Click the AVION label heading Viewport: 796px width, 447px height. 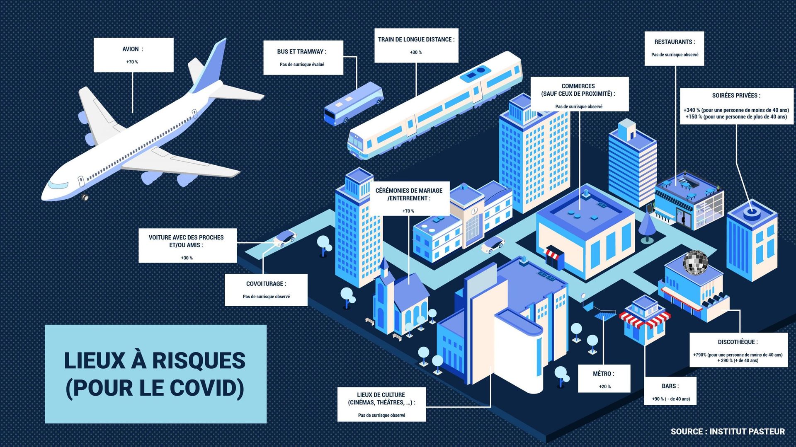click(x=133, y=49)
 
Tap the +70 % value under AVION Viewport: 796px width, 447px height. click(x=132, y=62)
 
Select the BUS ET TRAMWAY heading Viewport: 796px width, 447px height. click(x=302, y=52)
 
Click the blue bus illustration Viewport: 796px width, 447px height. click(x=353, y=104)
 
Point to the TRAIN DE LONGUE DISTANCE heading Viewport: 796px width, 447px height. click(x=416, y=39)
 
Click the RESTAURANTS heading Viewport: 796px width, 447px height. click(x=675, y=42)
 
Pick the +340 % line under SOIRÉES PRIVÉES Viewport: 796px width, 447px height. click(x=736, y=110)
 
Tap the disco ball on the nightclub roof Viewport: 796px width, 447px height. click(x=695, y=263)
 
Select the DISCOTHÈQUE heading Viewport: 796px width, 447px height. click(x=738, y=342)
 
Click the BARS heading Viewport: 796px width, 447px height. click(x=670, y=386)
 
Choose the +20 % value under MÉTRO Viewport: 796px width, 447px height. click(x=604, y=387)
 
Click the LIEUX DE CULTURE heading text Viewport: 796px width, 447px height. click(x=381, y=399)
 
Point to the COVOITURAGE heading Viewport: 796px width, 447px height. click(x=266, y=284)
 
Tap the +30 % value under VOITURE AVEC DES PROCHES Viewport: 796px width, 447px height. click(x=187, y=258)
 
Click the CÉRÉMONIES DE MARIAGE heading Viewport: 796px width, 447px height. click(x=409, y=194)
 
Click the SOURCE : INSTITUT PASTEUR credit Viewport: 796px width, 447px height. click(x=728, y=432)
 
